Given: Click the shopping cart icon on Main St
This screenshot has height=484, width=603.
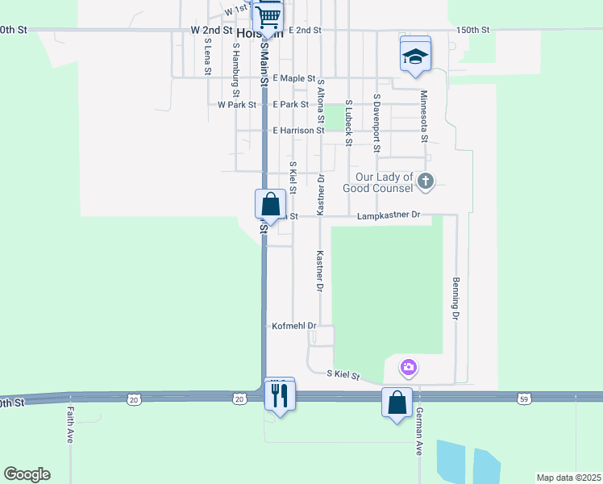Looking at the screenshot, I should click(268, 14).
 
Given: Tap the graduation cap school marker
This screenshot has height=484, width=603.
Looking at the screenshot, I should click(415, 55).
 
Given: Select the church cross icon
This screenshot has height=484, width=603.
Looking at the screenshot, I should click(426, 182).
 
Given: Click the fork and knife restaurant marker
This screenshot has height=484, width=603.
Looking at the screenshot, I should click(280, 395).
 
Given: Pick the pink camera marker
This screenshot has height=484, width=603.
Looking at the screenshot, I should click(409, 368).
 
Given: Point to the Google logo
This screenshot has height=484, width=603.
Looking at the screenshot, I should click(27, 474).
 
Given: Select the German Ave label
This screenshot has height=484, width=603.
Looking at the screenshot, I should click(419, 432).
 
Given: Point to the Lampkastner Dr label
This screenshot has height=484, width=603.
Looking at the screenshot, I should click(389, 216).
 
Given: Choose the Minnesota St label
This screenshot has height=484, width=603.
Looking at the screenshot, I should click(424, 116).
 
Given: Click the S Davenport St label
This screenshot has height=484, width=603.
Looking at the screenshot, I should click(376, 123).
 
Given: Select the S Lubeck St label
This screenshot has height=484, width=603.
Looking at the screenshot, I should click(348, 123).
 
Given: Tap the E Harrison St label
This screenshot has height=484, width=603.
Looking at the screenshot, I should click(298, 130).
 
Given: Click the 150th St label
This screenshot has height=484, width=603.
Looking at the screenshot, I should click(472, 30).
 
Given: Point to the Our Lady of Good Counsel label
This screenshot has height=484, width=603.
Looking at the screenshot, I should click(385, 182).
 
